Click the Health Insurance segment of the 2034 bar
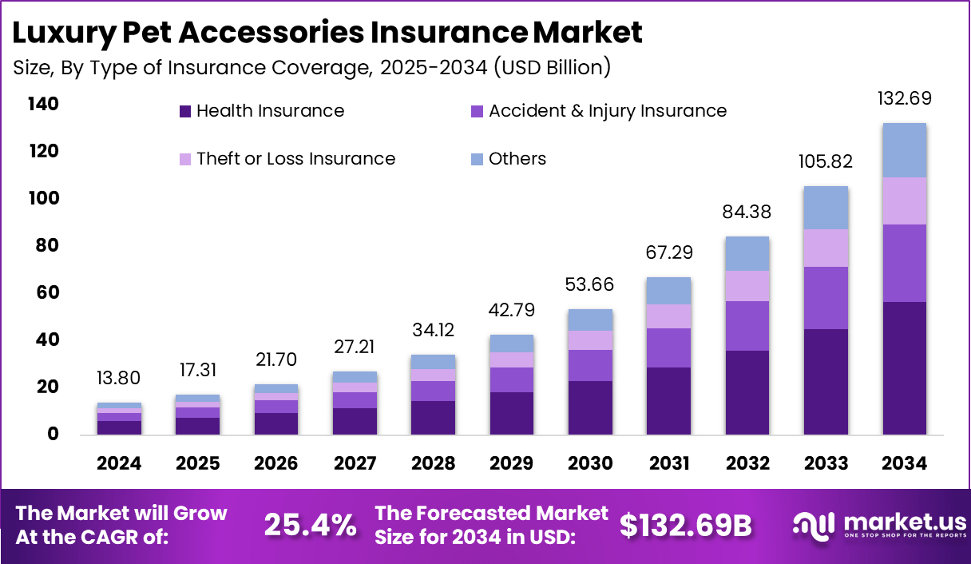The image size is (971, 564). pyautogui.click(x=905, y=368)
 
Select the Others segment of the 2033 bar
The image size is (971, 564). pyautogui.click(x=826, y=208)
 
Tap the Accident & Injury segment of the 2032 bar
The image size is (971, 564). pyautogui.click(x=747, y=326)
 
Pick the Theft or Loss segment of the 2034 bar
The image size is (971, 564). pyautogui.click(x=905, y=201)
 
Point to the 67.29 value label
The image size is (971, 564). pyautogui.click(x=669, y=253)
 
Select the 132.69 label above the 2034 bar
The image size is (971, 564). pyautogui.click(x=905, y=99)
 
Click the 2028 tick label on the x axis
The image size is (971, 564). pyautogui.click(x=434, y=464)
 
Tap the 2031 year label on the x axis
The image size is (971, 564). pyautogui.click(x=669, y=464)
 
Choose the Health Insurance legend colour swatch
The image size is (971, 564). pyautogui.click(x=185, y=112)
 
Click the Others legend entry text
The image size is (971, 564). pyautogui.click(x=517, y=159)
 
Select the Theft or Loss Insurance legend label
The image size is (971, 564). pyautogui.click(x=296, y=159)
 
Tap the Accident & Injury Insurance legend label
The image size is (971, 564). pyautogui.click(x=608, y=111)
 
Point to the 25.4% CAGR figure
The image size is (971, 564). pyautogui.click(x=310, y=525)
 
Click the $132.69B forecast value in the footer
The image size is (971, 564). pyautogui.click(x=686, y=525)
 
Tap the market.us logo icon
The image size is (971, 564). pyautogui.click(x=811, y=524)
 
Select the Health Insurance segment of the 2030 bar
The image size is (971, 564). pyautogui.click(x=591, y=407)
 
